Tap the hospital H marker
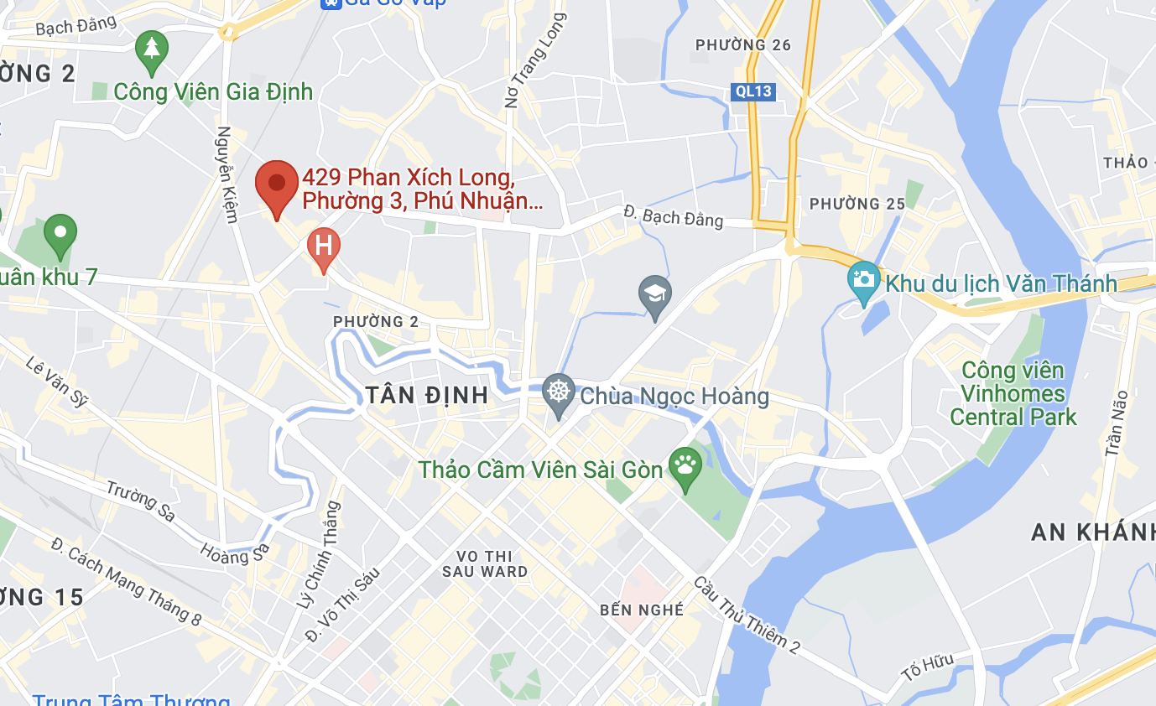(323, 247)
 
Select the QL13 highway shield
(751, 91)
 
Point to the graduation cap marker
(654, 294)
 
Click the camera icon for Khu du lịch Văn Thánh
(862, 279)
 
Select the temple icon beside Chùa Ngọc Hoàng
(557, 391)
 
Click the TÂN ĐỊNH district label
(427, 396)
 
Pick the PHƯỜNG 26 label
(743, 44)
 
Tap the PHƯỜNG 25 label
(857, 204)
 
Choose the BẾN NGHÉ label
(642, 610)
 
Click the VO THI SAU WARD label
(486, 563)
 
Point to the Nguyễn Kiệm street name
(226, 174)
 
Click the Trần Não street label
(1117, 423)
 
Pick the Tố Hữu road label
(928, 667)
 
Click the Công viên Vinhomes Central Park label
(1013, 393)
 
